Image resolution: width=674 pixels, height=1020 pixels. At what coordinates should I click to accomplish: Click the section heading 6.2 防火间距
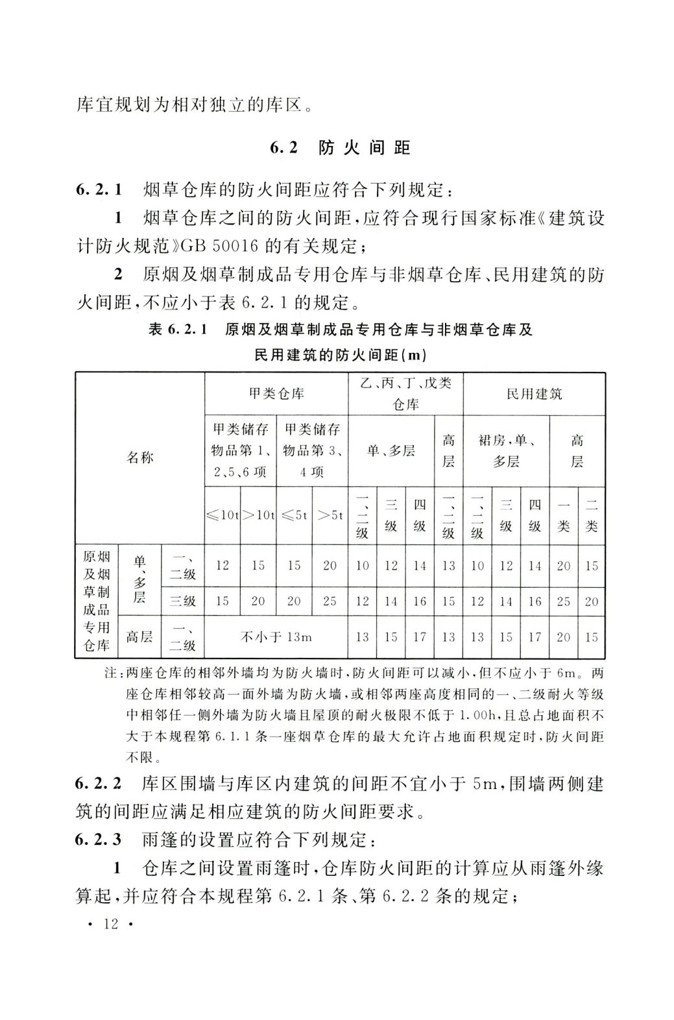coord(340,148)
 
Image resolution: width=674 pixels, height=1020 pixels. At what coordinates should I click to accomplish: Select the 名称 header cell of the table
coord(139,457)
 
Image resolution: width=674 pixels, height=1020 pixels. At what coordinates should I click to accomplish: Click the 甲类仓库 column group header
coord(276,394)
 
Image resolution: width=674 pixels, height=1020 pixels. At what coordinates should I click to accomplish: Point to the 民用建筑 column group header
coord(534,394)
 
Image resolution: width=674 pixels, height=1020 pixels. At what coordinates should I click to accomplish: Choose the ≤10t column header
coord(223,515)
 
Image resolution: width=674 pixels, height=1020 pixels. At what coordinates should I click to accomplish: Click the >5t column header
coord(330,515)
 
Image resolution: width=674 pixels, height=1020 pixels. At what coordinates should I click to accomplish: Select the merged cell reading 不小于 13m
coord(276,637)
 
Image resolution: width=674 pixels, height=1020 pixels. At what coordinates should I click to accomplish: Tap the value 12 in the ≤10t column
coord(223,565)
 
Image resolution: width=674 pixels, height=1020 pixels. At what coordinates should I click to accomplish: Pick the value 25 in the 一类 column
coord(563,601)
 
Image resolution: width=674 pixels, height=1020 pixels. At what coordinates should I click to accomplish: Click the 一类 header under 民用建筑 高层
coord(563,515)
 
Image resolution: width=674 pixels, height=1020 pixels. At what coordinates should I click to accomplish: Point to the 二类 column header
coord(591,515)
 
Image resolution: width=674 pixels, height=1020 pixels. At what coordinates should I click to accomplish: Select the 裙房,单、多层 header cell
coord(506,451)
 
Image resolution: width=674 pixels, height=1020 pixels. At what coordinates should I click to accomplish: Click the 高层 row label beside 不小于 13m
coord(139,637)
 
